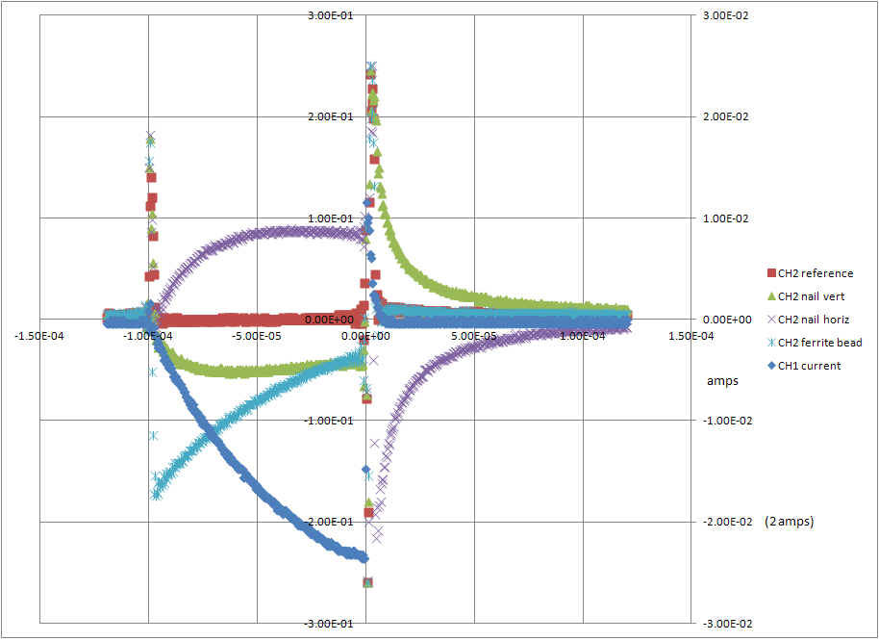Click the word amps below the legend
tap(722, 381)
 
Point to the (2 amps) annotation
tap(789, 522)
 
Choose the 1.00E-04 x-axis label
tap(582, 337)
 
